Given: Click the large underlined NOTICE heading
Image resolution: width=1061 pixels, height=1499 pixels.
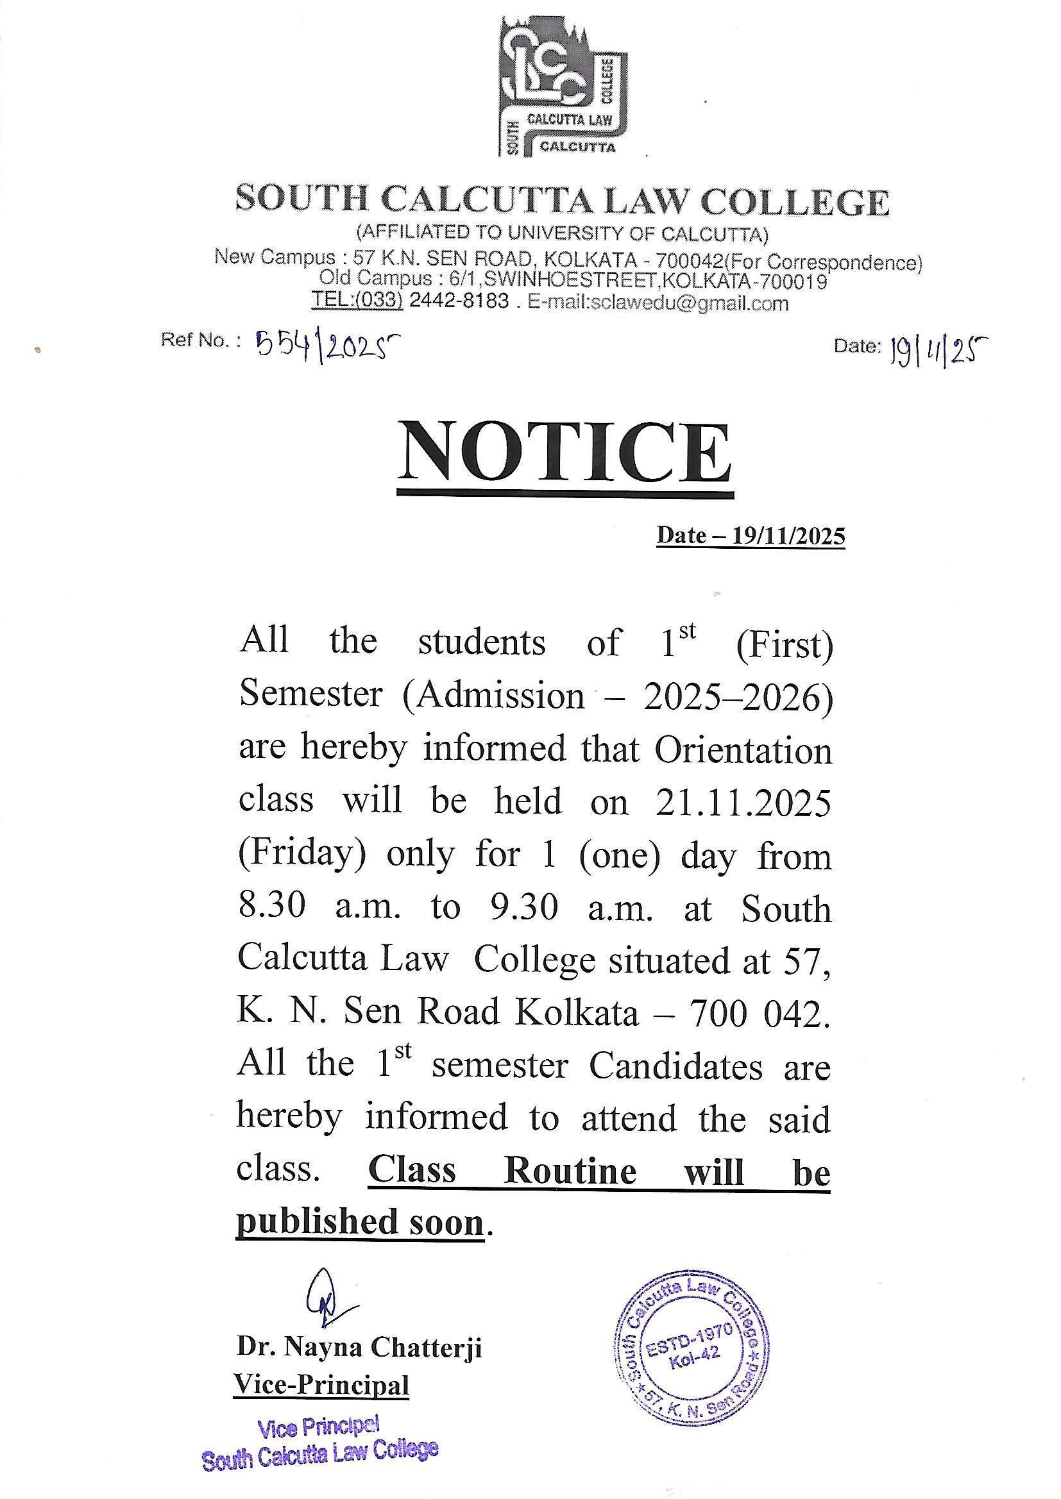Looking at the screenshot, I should (565, 453).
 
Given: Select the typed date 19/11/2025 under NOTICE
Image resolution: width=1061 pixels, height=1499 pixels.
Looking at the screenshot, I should (788, 536).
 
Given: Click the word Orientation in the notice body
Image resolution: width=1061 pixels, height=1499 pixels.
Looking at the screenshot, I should (743, 750).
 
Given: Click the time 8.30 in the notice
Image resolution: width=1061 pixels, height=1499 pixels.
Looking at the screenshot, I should (273, 907).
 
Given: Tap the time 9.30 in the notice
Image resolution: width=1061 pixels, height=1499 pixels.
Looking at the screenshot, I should (525, 907).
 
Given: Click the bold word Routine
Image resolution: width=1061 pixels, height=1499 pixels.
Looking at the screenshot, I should (570, 1171).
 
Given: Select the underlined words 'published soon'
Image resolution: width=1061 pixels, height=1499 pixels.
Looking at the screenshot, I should (360, 1222).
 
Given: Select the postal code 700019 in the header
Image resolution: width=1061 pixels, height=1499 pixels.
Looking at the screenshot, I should (794, 281).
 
